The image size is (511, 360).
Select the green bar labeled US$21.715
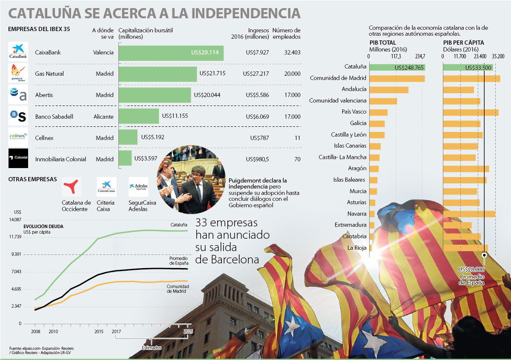coord(158,74)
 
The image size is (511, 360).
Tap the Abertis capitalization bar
coord(155,95)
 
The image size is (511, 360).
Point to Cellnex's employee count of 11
coord(297,138)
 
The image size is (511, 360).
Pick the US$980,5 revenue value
coord(257,159)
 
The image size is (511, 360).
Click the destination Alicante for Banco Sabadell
coord(103,116)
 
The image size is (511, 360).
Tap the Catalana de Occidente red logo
coord(71,187)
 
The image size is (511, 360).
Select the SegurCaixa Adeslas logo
coord(138,187)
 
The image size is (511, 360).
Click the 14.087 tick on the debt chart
coord(14,219)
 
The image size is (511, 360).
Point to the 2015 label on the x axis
coord(99,331)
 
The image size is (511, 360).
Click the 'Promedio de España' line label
coord(178,260)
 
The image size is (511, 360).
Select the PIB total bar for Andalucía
coord(389,90)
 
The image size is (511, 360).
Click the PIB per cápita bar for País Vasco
coord(471,112)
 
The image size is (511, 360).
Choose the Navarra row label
coord(357,213)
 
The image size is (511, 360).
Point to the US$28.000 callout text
coord(471,269)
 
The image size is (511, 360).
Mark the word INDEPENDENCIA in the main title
coord(246,13)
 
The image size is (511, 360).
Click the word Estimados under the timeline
coord(152,348)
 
